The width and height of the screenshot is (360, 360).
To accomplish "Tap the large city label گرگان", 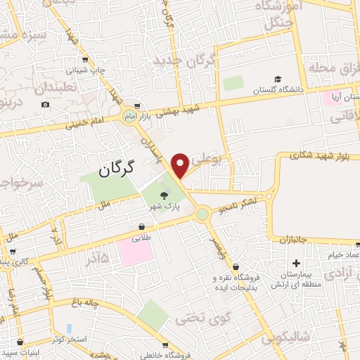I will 116,169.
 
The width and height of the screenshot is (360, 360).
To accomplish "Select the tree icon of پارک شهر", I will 164,196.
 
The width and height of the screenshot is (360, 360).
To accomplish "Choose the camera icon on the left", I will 46,105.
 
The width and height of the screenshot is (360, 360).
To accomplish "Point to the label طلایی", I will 142,238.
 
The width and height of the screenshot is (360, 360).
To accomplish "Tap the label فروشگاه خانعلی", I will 163,355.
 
